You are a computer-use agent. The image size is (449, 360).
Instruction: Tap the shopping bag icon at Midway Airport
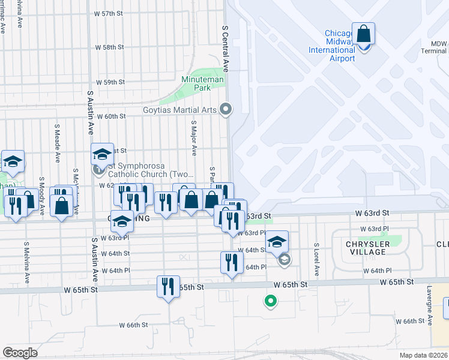(x=364, y=34)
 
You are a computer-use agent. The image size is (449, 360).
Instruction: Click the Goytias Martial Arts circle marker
(x=226, y=109)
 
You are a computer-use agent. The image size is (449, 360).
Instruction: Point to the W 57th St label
(x=109, y=13)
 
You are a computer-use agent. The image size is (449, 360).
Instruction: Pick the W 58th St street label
(x=110, y=47)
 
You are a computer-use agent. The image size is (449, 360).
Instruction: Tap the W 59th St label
(x=110, y=82)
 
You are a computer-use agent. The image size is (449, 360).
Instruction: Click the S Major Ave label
(x=194, y=136)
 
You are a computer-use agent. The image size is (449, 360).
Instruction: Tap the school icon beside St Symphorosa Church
(x=102, y=154)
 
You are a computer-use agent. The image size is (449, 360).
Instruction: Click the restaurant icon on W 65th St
(x=168, y=286)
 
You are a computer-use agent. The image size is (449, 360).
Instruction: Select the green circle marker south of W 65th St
(x=271, y=301)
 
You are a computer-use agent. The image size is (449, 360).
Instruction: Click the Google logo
(x=20, y=353)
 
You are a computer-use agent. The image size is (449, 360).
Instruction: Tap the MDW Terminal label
(x=438, y=47)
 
